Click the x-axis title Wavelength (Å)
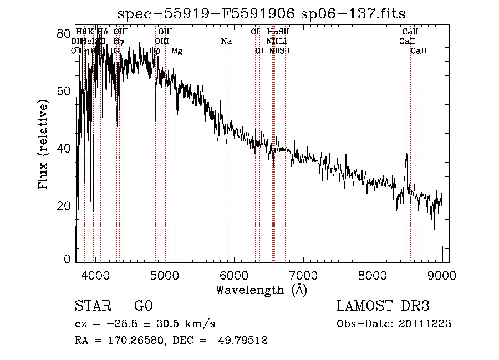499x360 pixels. point(261,290)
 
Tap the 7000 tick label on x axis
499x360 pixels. point(303,275)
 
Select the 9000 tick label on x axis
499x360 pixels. point(441,275)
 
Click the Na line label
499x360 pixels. point(226,42)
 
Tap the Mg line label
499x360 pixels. point(177,51)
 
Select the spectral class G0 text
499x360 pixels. point(143,306)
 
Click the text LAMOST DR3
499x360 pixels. point(383,306)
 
